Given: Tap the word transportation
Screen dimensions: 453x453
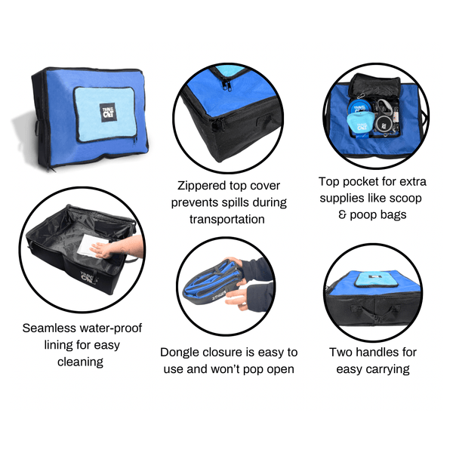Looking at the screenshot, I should tap(226, 219).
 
